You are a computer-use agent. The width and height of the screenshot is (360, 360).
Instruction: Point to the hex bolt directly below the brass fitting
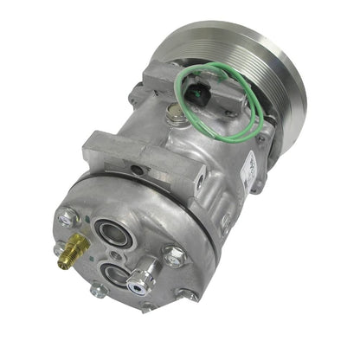(99, 290)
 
